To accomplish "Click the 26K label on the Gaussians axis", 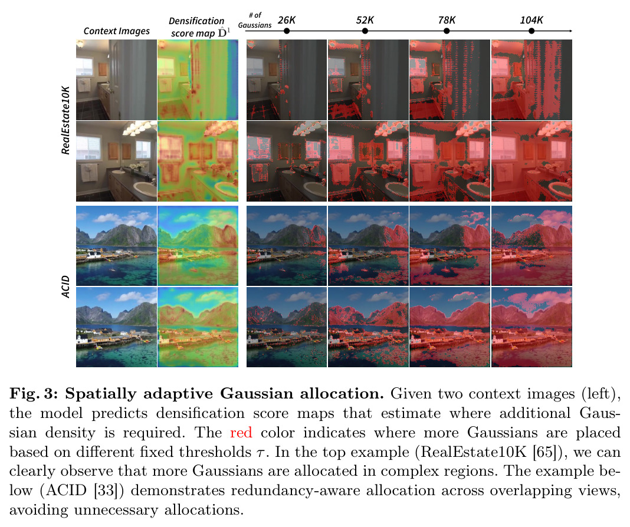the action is pos(287,20).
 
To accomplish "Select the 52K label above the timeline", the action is pos(365,20).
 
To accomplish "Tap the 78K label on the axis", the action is pos(447,20).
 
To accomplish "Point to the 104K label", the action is pos(531,20).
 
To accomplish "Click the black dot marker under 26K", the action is pos(287,31).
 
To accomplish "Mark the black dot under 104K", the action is pos(531,31).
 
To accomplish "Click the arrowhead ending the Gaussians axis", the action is pos(570,31).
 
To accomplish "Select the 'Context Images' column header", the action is pos(117,31).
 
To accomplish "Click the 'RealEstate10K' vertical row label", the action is pos(66,120).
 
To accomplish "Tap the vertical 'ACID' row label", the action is pos(66,286).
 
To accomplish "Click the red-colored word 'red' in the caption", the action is pos(241,432).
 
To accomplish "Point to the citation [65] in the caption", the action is pos(544,452).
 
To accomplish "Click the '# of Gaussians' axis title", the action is pos(255,20).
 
